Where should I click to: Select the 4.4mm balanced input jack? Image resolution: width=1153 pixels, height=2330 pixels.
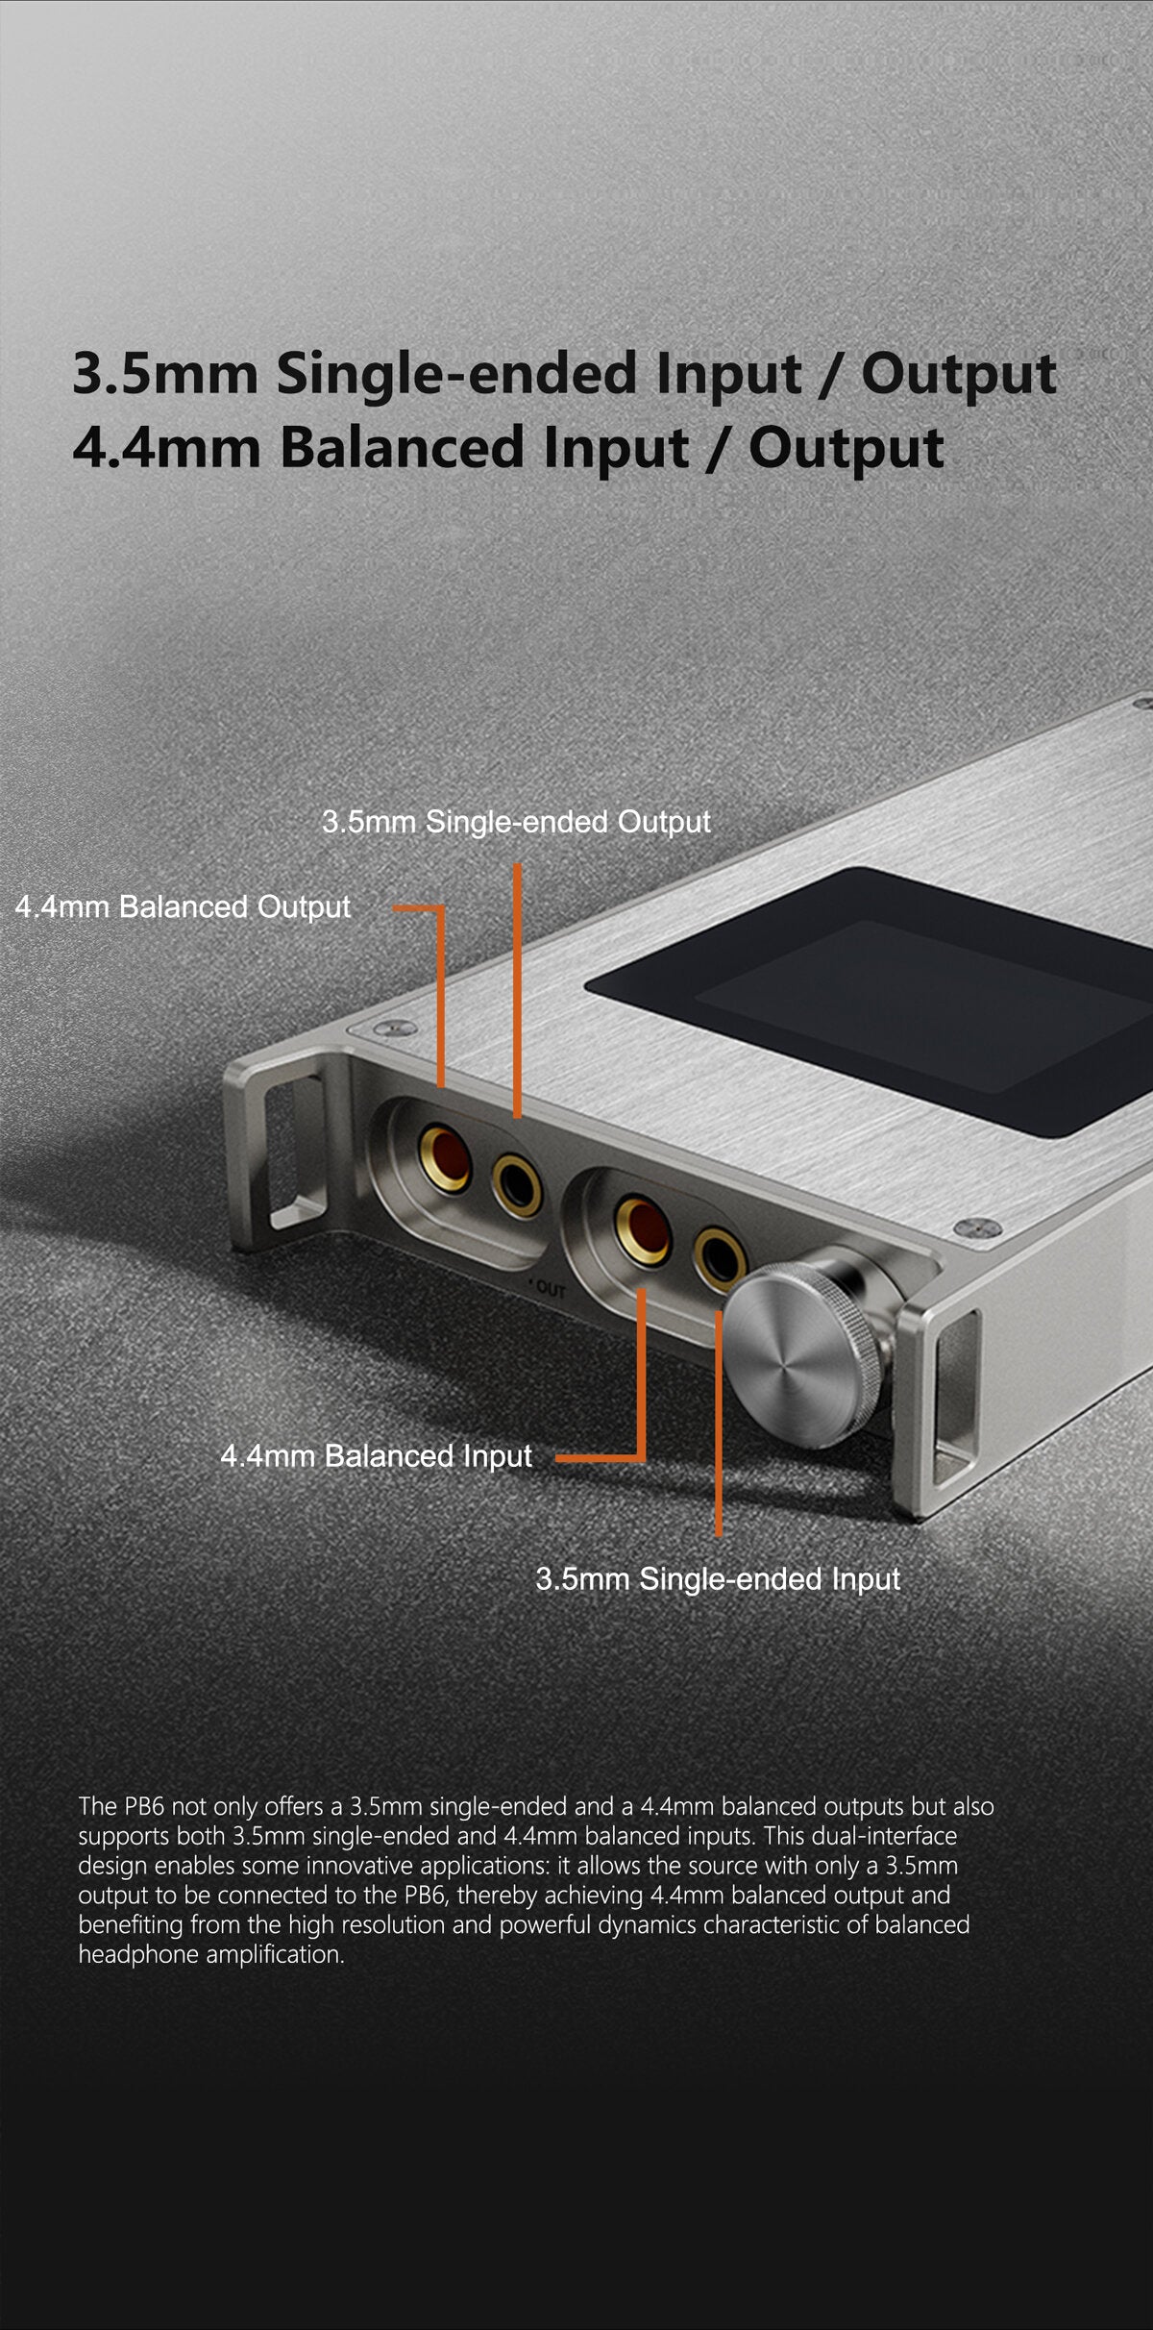[x=642, y=1229]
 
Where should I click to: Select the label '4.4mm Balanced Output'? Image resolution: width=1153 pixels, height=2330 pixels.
[x=183, y=906]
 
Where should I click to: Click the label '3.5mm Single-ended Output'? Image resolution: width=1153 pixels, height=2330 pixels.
[x=516, y=822]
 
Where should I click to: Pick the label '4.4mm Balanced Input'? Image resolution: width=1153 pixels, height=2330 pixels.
[x=376, y=1456]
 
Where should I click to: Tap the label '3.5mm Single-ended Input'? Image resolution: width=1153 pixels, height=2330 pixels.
[x=718, y=1578]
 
